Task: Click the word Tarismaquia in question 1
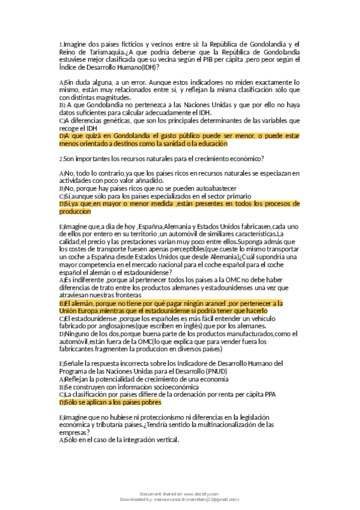(106, 52)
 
